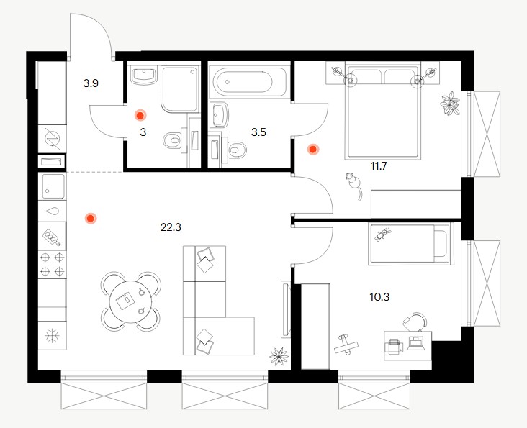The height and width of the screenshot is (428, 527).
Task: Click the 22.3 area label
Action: [171, 227]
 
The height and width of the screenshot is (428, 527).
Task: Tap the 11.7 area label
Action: [379, 165]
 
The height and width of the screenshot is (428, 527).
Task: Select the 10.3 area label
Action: [379, 297]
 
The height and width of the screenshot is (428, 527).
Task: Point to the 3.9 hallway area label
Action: [91, 83]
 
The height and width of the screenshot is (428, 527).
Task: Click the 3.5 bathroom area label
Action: [258, 132]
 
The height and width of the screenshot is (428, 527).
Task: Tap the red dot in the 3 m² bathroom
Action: [140, 116]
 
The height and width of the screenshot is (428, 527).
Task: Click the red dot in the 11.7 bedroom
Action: [313, 150]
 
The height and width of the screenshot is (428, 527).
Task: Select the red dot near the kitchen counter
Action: [91, 219]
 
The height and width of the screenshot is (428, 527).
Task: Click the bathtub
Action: [249, 81]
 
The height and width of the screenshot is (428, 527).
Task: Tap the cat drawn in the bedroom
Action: [353, 186]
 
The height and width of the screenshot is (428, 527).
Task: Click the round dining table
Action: [131, 301]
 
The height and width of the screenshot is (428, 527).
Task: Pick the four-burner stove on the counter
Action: [52, 264]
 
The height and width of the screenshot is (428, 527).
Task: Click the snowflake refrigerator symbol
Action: [52, 336]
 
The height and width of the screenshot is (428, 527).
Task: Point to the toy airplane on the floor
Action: [346, 344]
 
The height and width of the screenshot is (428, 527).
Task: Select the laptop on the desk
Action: [416, 343]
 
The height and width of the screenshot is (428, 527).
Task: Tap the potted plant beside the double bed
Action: [450, 104]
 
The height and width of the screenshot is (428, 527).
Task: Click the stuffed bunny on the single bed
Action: [383, 234]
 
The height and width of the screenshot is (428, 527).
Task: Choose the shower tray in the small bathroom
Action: [179, 88]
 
